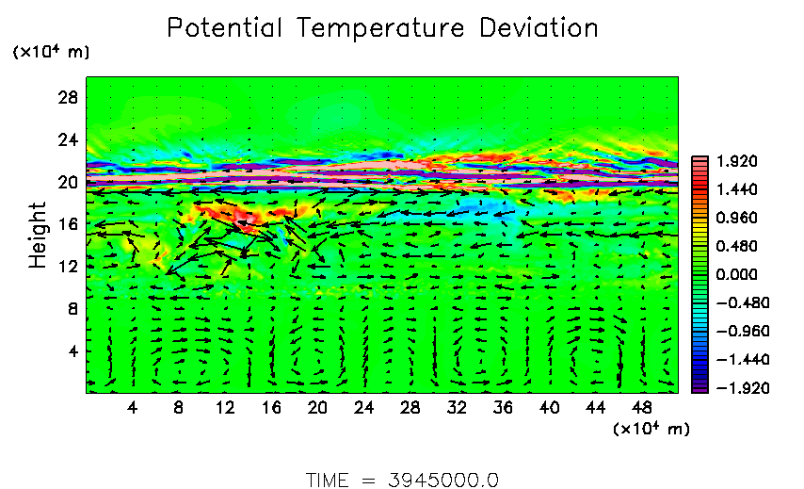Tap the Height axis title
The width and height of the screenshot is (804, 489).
click(38, 235)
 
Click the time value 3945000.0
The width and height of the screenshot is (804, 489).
click(442, 480)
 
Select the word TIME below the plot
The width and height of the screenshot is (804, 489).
click(330, 480)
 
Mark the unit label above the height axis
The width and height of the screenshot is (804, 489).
click(50, 52)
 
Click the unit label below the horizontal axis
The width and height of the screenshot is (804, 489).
click(651, 429)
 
